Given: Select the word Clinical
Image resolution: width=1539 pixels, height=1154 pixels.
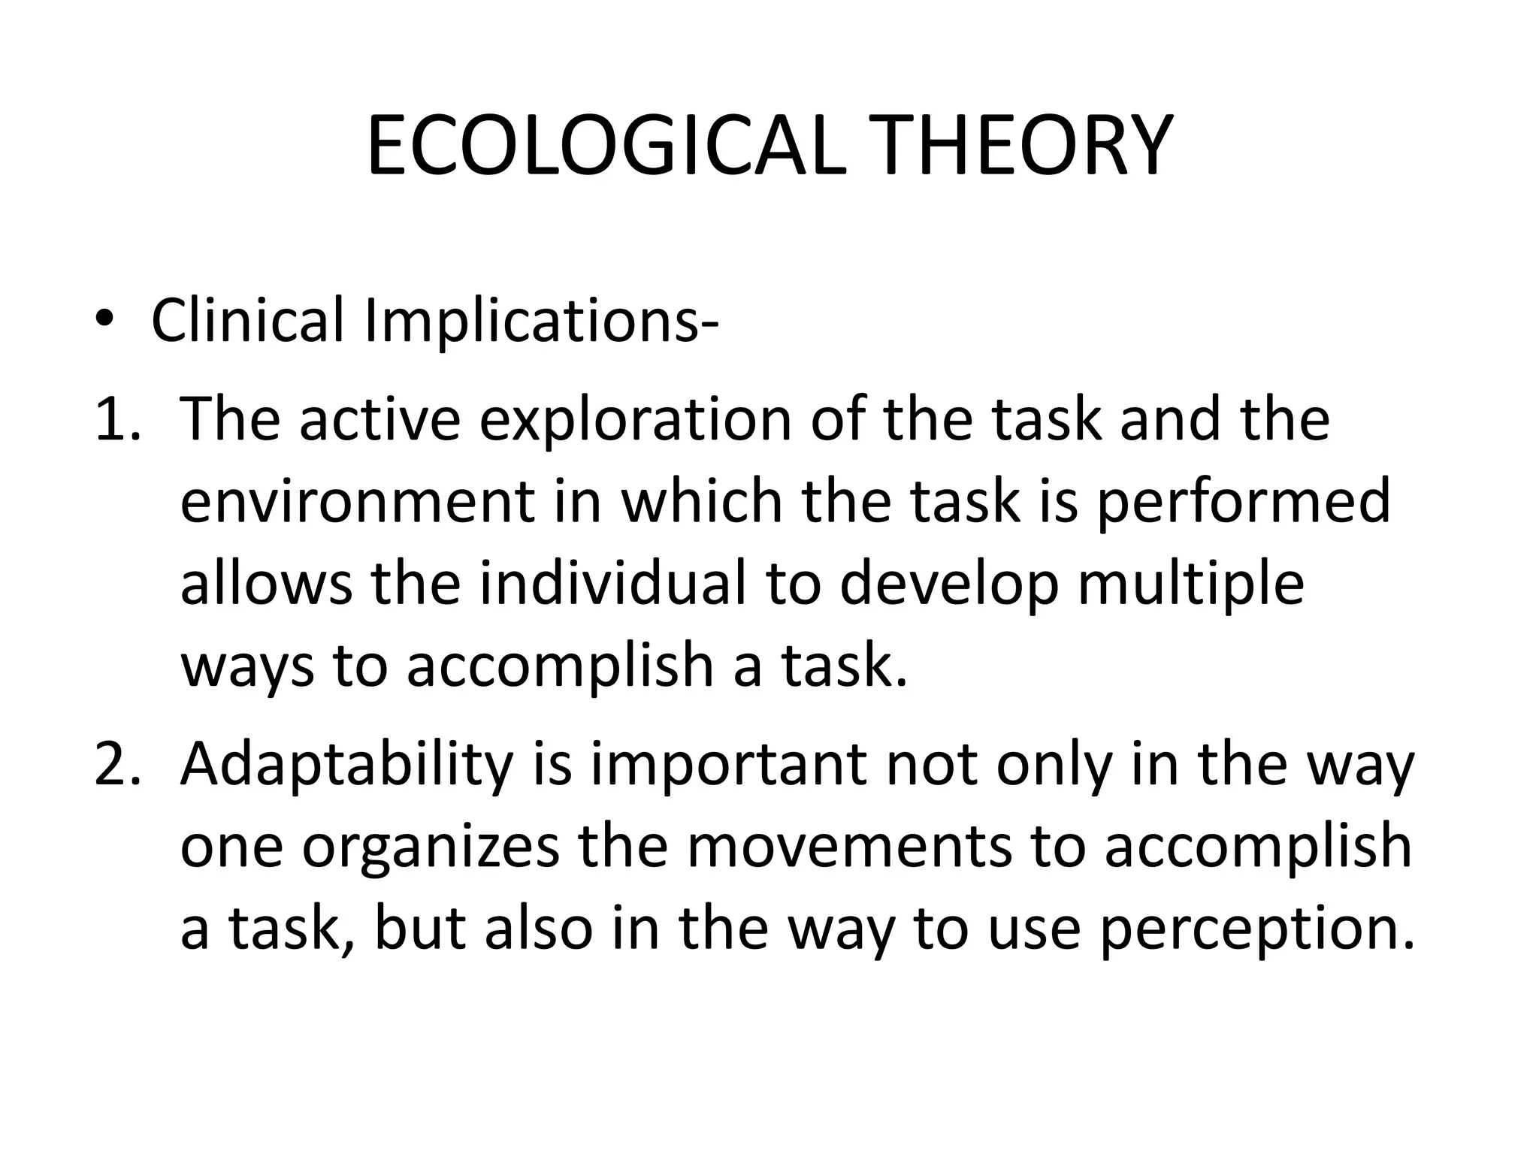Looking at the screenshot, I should [247, 320].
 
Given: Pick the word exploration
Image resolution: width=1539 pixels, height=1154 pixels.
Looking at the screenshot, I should [636, 421].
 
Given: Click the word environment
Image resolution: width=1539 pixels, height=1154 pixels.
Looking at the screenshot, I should [358, 502].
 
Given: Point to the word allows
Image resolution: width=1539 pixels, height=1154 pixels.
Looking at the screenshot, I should [266, 584].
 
